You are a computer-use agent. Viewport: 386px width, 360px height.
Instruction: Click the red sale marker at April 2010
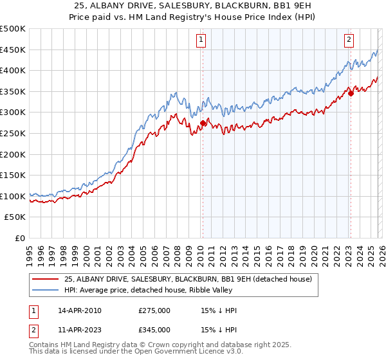click(203, 123)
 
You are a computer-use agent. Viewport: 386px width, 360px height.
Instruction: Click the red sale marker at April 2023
click(351, 93)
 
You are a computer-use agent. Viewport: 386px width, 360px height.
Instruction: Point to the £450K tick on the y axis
click(13, 50)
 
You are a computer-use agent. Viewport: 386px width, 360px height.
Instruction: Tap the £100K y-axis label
click(13, 196)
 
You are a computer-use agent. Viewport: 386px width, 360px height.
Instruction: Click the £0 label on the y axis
click(21, 238)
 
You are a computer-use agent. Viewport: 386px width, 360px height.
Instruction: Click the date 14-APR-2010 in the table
click(80, 311)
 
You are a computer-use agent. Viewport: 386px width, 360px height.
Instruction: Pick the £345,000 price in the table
click(154, 330)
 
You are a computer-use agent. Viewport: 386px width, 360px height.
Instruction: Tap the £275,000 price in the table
click(154, 311)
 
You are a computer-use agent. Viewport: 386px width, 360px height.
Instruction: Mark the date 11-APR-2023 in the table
click(80, 330)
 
